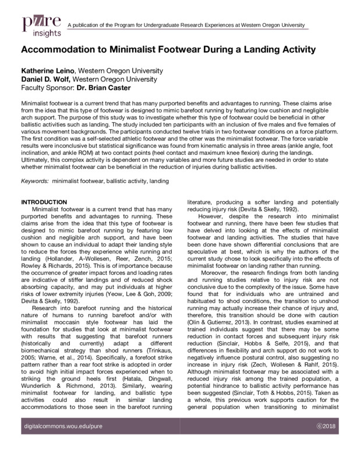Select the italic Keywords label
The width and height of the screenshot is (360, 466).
click(x=34, y=182)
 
